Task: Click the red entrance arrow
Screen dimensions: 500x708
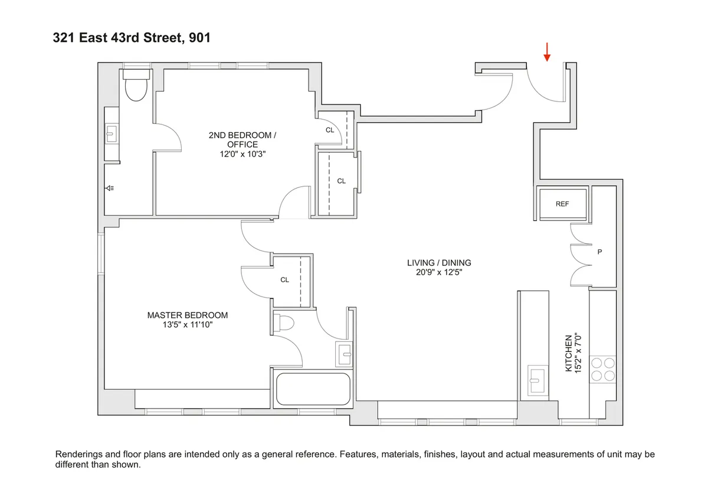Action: pos(547,52)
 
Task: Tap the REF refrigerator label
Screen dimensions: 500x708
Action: pos(562,204)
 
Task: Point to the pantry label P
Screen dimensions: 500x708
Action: pos(599,252)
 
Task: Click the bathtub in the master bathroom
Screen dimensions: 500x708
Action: pos(312,389)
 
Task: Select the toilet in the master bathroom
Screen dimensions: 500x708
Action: pos(285,324)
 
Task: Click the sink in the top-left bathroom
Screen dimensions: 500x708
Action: pos(111,134)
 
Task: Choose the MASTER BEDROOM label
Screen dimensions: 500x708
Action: pos(187,315)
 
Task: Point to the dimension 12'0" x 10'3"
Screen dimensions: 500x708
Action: pos(242,154)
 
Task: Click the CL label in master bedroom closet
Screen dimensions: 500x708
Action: pos(284,280)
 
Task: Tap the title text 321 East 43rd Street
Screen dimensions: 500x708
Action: pos(118,38)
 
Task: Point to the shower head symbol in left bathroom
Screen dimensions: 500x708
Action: pos(110,188)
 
